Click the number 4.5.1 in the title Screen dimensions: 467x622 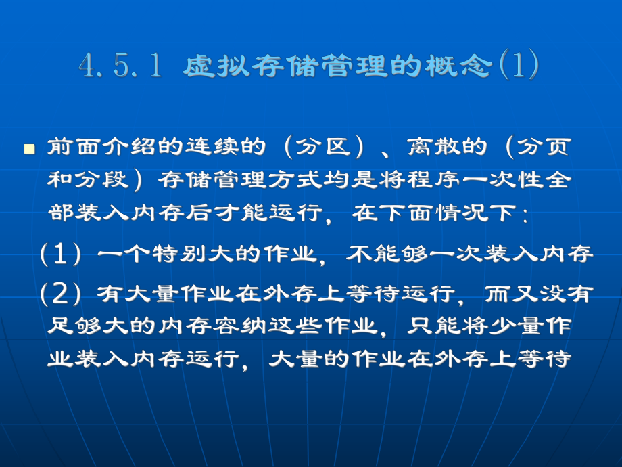pos(120,66)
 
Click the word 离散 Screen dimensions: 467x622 pos(429,147)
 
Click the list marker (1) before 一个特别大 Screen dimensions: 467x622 pos(62,254)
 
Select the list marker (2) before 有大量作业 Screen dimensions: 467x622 pos(62,293)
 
